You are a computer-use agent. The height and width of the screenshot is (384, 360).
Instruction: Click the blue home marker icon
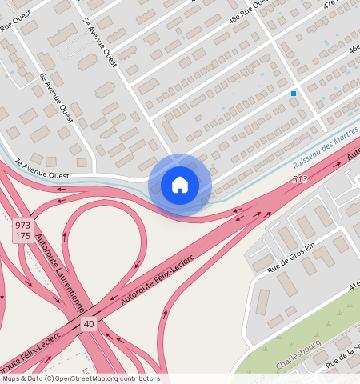pos(180,185)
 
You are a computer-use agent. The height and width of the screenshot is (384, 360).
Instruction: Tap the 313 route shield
pos(300,179)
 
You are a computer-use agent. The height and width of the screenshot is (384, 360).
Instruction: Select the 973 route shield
pos(22,226)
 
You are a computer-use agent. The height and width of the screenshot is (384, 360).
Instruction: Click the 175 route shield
pos(22,237)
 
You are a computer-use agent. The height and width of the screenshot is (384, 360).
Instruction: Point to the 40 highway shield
pos(87,323)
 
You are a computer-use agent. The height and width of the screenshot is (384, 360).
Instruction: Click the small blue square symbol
pos(294,94)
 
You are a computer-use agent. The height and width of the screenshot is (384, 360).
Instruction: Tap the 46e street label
pos(353,49)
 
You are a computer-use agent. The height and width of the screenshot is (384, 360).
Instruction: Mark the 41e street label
pos(353,284)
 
